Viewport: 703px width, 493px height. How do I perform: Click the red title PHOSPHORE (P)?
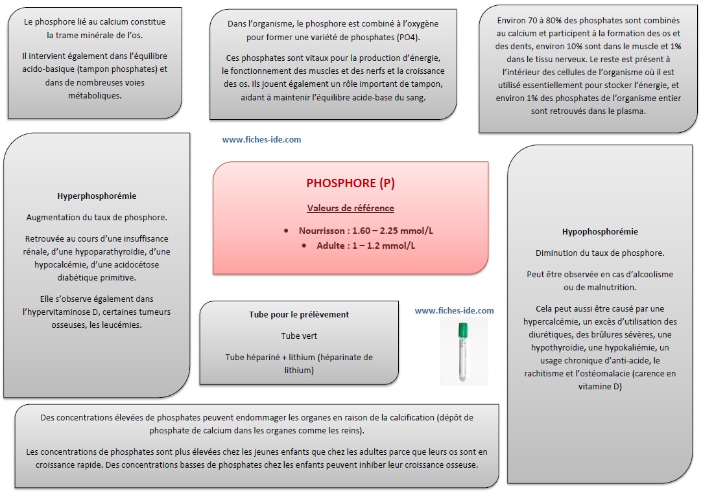pos(350,183)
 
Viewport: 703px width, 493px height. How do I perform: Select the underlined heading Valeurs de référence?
pos(350,208)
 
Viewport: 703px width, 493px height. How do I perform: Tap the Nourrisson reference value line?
pos(366,231)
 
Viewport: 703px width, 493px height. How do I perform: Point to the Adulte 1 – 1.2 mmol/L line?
pos(366,246)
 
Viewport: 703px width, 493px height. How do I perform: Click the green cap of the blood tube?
pos(462,330)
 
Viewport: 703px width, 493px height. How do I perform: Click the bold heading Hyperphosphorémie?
pos(97,196)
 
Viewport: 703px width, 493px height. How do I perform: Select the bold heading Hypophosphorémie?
pos(600,231)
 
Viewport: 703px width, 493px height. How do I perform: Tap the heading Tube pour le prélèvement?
pos(299,314)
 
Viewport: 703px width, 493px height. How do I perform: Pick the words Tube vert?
pos(299,336)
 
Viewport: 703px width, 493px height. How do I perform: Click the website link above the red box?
pos(261,140)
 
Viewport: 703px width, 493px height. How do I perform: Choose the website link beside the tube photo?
pos(454,311)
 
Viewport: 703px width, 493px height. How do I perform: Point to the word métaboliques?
pos(95,95)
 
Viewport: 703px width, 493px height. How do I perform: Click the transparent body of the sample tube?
pos(462,360)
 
